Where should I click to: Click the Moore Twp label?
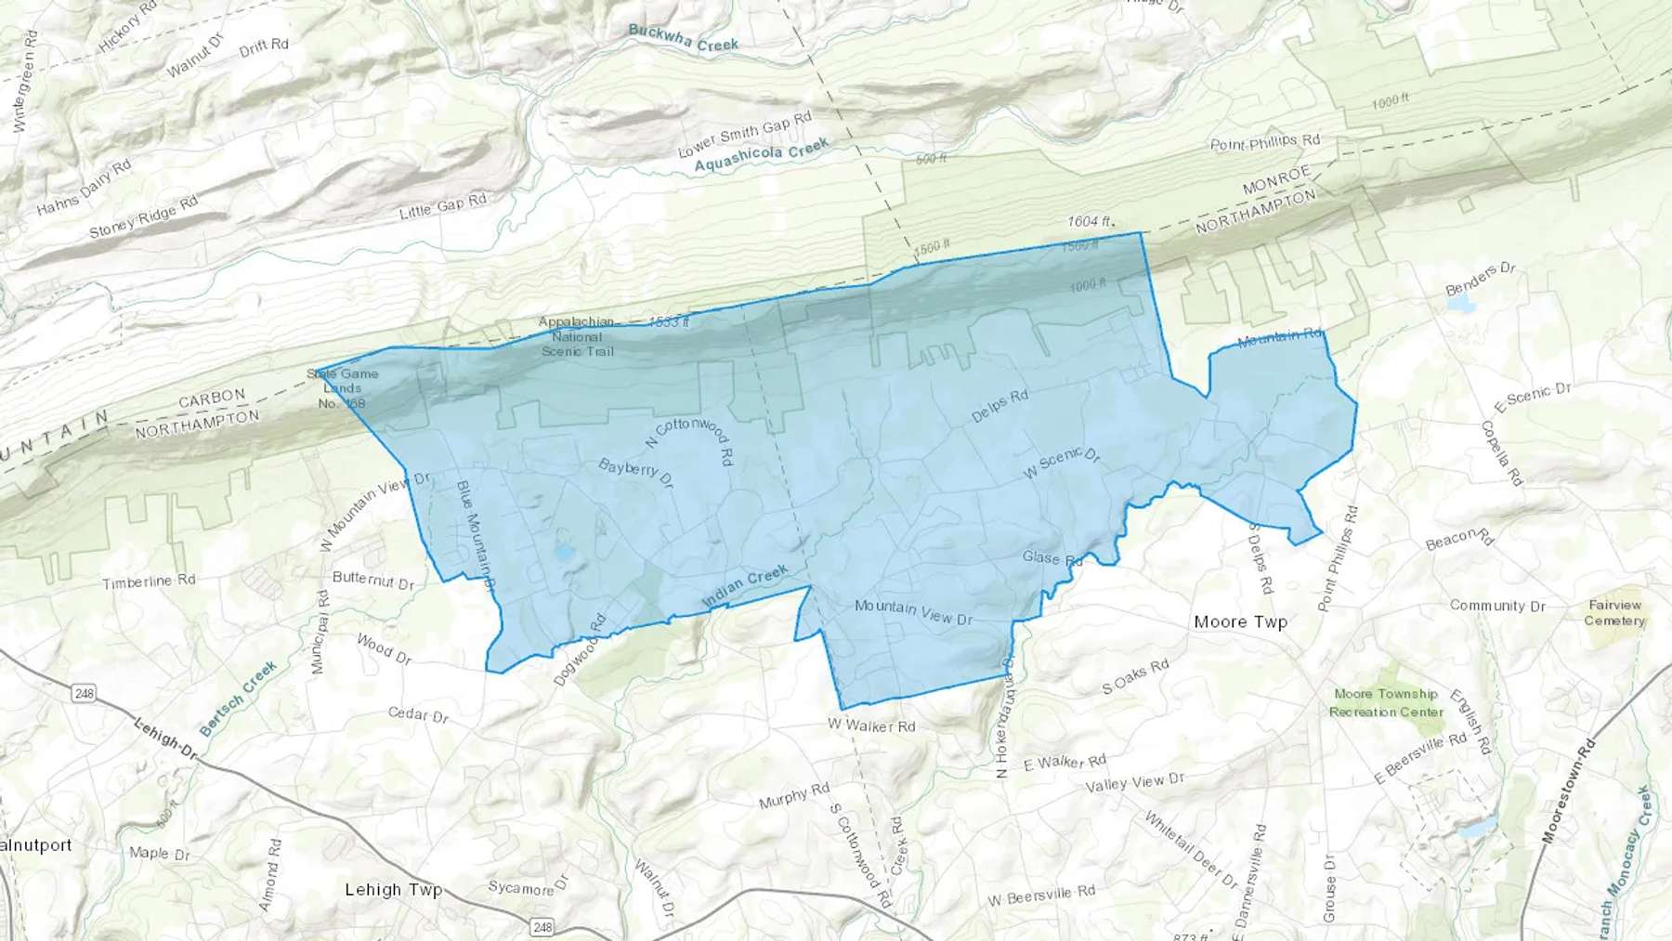pyautogui.click(x=1240, y=621)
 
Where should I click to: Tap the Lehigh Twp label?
pyautogui.click(x=393, y=889)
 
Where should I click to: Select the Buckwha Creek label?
pyautogui.click(x=683, y=37)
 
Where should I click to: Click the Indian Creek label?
pyautogui.click(x=745, y=586)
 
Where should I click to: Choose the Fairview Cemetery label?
pyautogui.click(x=1614, y=612)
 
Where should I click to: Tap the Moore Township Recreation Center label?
pyautogui.click(x=1386, y=702)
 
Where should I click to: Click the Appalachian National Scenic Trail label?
pyautogui.click(x=577, y=336)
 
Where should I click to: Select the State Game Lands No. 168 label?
pyautogui.click(x=343, y=388)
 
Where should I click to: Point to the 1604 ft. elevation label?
pyautogui.click(x=1090, y=221)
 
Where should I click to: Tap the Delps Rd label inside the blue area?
pyautogui.click(x=999, y=406)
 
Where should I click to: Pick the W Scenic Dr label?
pyautogui.click(x=1062, y=462)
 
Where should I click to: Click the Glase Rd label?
pyautogui.click(x=1052, y=558)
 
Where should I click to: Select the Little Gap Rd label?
pyautogui.click(x=442, y=206)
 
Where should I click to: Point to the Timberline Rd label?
pyautogui.click(x=149, y=582)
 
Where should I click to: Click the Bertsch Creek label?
pyautogui.click(x=238, y=698)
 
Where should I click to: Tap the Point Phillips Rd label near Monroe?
pyautogui.click(x=1264, y=143)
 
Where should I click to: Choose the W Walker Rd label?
pyautogui.click(x=871, y=725)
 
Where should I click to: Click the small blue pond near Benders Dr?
pyautogui.click(x=1460, y=304)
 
